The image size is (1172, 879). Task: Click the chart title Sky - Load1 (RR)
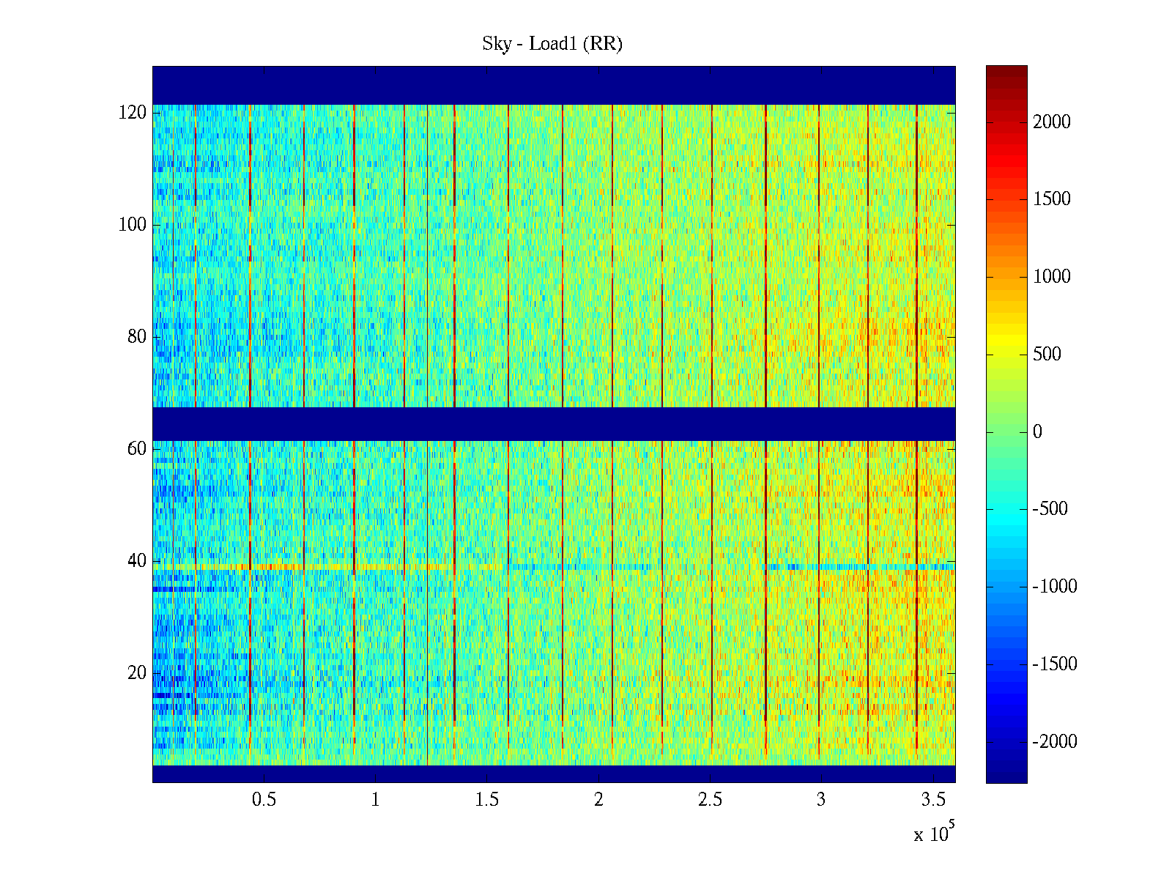(552, 44)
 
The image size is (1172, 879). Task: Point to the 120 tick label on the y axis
(133, 113)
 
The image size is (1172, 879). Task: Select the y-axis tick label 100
(133, 225)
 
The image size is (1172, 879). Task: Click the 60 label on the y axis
(137, 449)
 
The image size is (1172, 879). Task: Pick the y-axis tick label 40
(137, 561)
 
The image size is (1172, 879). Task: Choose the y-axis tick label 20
(137, 673)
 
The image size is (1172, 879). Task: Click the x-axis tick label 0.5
(264, 800)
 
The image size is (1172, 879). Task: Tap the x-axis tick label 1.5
(487, 800)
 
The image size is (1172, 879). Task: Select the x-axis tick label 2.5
(710, 800)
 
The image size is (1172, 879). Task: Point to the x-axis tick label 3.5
(933, 800)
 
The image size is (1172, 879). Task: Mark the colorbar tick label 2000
(1052, 122)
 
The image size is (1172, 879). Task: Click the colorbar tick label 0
(1037, 432)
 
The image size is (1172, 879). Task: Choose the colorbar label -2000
(1055, 742)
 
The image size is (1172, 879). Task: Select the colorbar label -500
(1050, 509)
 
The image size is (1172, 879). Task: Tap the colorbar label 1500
(1052, 199)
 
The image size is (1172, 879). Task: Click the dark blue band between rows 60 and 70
(554, 423)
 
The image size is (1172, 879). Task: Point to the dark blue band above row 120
(554, 85)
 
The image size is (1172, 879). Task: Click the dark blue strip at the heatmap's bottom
(554, 774)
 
